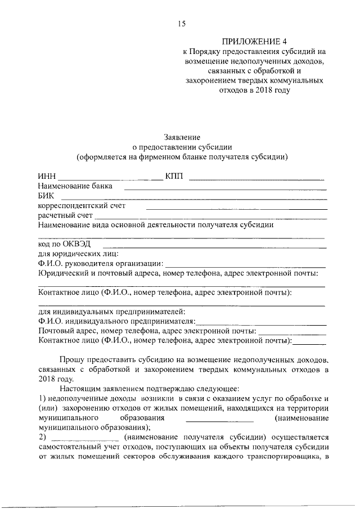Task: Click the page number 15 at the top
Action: click(x=181, y=24)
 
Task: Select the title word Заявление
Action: click(x=182, y=137)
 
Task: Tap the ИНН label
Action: click(x=47, y=177)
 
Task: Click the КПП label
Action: click(x=175, y=177)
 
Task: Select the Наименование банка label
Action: click(x=75, y=186)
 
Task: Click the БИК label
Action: click(x=47, y=196)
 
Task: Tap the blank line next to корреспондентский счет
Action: click(x=236, y=208)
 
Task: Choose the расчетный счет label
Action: click(x=65, y=215)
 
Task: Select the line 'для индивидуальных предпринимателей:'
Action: click(x=111, y=312)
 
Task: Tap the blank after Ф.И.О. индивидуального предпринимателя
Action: click(x=261, y=324)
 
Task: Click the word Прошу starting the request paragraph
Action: click(x=72, y=360)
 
